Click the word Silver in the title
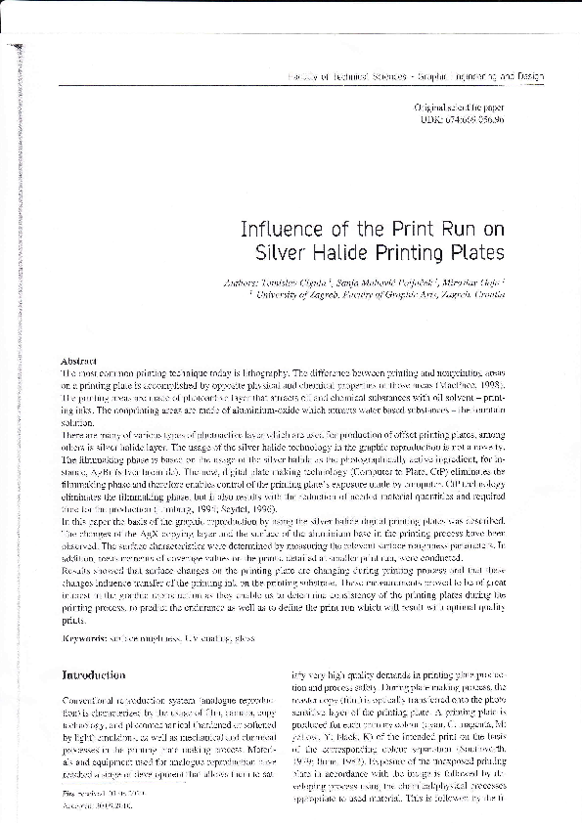[x=281, y=253]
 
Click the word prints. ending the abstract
[x=73, y=618]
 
